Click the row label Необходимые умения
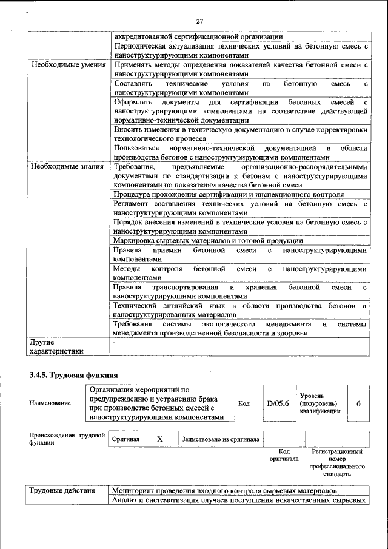tap(68, 64)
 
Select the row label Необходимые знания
tap(67, 166)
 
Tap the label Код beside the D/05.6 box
tap(244, 403)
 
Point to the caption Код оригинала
tap(284, 455)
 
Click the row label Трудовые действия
tap(62, 490)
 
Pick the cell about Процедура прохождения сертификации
tap(229, 195)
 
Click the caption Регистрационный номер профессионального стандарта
tap(337, 463)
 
